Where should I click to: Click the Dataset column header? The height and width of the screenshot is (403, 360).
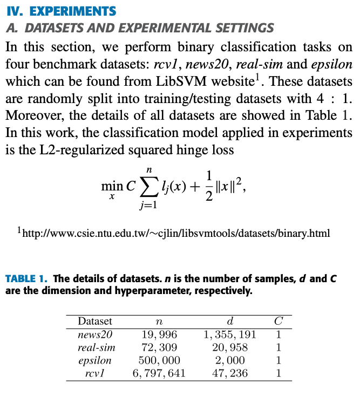pyautogui.click(x=95, y=321)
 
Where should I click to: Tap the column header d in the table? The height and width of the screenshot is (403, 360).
pyautogui.click(x=230, y=321)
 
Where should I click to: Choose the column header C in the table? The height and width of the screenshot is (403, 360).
pyautogui.click(x=279, y=321)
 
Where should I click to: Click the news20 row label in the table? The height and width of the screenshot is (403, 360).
pyautogui.click(x=95, y=334)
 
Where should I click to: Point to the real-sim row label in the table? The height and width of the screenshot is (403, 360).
pyautogui.click(x=97, y=347)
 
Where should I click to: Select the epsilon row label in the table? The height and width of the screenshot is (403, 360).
pyautogui.click(x=95, y=360)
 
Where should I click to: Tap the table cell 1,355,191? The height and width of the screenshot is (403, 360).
pyautogui.click(x=230, y=334)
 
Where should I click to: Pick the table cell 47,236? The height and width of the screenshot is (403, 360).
pyautogui.click(x=230, y=373)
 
